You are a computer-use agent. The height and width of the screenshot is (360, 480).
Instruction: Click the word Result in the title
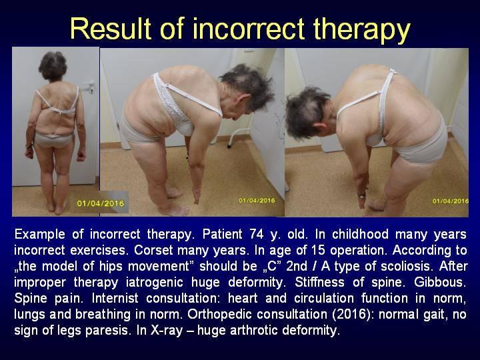tap(111, 29)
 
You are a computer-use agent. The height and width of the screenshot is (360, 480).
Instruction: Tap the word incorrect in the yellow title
tap(248, 29)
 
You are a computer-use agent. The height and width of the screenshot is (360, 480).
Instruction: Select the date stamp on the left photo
tap(101, 203)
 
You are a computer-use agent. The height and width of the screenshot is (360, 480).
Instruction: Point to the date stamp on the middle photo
tap(257, 201)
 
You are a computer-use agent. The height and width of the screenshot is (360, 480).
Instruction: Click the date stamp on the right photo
tap(450, 201)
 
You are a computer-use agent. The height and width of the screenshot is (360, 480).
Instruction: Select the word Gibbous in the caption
tap(440, 282)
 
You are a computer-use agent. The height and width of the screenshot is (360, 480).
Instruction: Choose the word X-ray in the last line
tap(166, 330)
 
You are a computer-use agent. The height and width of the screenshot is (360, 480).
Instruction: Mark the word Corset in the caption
tap(152, 250)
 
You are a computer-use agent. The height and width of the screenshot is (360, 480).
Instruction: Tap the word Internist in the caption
tap(115, 298)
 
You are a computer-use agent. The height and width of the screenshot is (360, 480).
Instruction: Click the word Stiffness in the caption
tap(319, 282)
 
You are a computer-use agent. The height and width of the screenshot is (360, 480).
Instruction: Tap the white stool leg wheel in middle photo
tap(229, 146)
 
